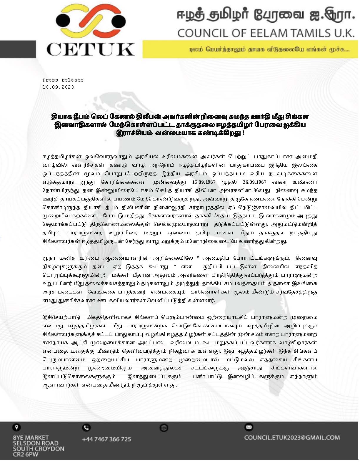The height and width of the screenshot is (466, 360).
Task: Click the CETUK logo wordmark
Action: [90, 49]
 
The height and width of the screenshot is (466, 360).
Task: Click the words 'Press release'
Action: [63, 80]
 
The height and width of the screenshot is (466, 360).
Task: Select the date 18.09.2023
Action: [58, 87]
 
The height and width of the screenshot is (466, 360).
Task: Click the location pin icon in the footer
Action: [16, 427]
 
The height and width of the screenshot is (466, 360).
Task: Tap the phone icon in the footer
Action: [86, 427]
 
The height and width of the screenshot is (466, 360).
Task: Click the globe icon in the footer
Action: [164, 428]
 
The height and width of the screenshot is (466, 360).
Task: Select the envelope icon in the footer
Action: [249, 427]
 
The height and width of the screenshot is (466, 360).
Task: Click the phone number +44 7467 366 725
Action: [106, 439]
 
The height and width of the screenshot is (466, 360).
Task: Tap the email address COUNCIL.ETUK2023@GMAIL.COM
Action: [292, 438]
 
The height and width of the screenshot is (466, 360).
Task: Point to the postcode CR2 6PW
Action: [26, 455]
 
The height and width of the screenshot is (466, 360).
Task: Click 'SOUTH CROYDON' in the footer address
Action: [38, 449]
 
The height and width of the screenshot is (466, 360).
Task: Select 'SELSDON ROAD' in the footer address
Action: [36, 443]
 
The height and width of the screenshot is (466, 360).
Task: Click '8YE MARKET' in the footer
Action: [31, 438]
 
